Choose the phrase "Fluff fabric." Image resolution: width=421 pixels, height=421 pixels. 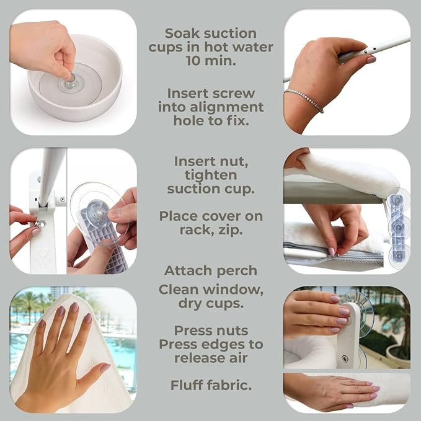tap(211, 385)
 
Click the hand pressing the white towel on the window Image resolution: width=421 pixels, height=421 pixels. tap(62, 347)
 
